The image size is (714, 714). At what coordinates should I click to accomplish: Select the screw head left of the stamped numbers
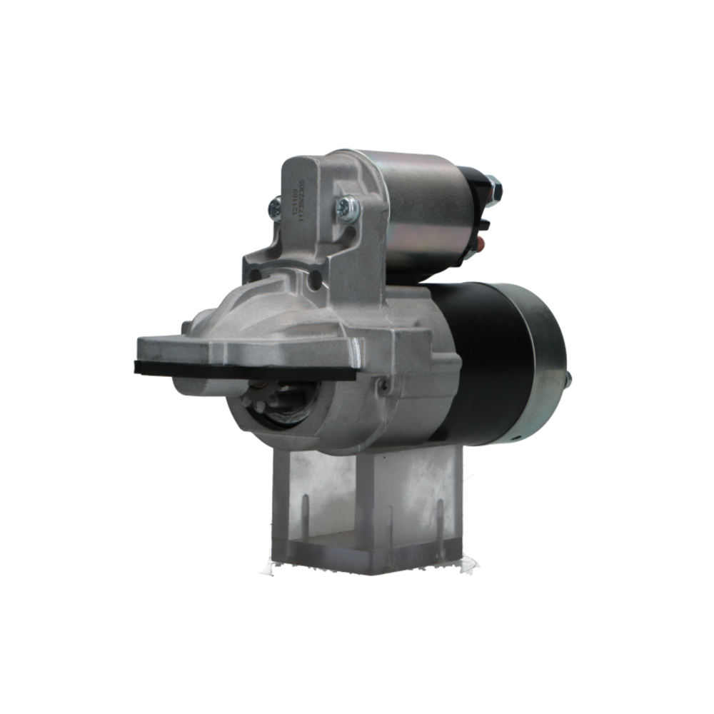point(274,208)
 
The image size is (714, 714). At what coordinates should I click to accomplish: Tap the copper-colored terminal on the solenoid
point(480,246)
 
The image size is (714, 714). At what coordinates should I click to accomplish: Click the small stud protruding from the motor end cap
point(568,380)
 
